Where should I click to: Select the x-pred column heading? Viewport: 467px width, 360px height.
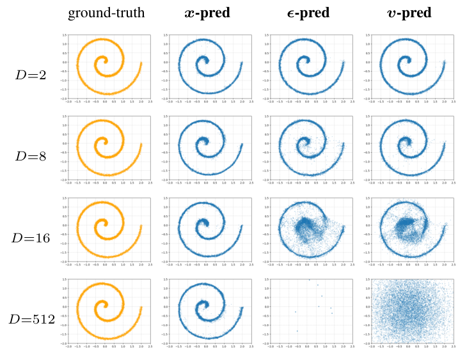tap(207, 13)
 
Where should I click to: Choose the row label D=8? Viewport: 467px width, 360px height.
tap(31, 156)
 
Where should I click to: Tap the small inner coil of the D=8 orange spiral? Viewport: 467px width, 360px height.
tap(102, 145)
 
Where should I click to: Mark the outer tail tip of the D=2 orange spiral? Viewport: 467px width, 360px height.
tap(141, 63)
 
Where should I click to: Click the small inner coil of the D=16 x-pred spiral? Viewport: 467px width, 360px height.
tap(203, 226)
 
